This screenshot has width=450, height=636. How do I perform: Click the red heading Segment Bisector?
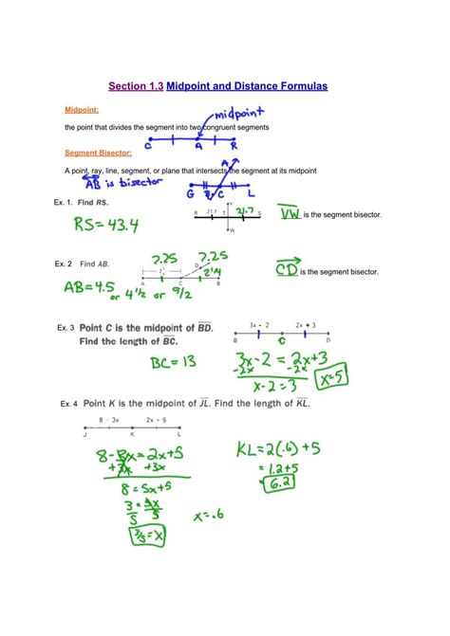click(x=98, y=153)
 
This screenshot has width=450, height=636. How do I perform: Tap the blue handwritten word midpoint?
click(x=235, y=114)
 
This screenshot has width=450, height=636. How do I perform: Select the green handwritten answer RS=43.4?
click(x=122, y=224)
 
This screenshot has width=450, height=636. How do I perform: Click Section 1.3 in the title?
click(x=136, y=86)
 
